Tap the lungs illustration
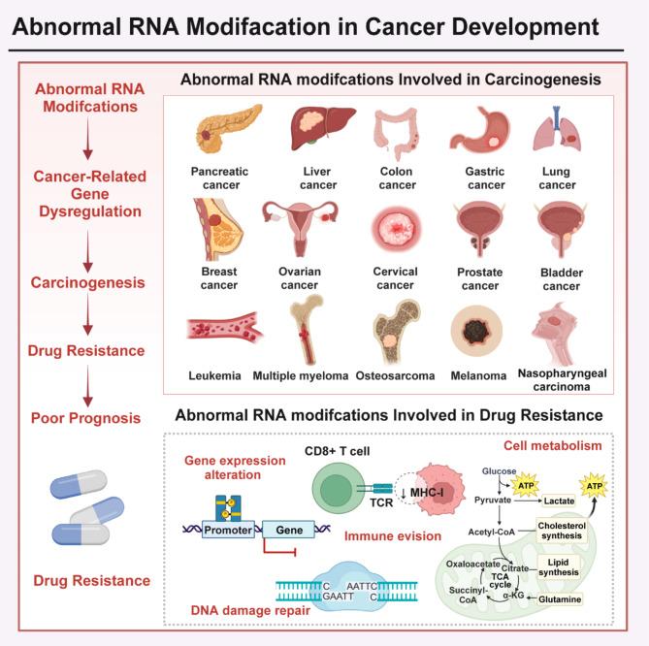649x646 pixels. pyautogui.click(x=556, y=133)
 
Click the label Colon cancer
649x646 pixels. pyautogui.click(x=397, y=178)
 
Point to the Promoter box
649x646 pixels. pyautogui.click(x=226, y=530)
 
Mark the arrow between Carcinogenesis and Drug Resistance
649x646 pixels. pyautogui.click(x=88, y=316)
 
